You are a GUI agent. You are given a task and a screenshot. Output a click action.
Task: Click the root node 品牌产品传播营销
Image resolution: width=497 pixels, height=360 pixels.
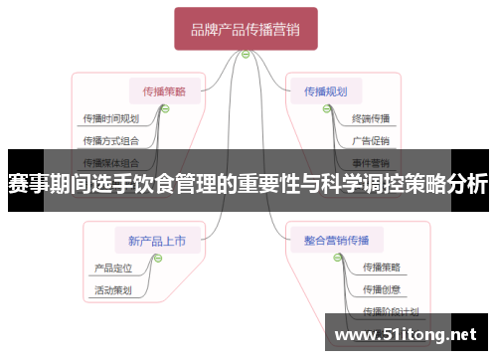[246, 30]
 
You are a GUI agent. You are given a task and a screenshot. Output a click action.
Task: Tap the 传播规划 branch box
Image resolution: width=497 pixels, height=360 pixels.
[326, 90]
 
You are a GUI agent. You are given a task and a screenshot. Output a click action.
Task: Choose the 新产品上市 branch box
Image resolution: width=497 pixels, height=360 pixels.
[157, 239]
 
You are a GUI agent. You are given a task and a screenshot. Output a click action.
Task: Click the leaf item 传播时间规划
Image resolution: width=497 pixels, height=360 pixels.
[111, 118]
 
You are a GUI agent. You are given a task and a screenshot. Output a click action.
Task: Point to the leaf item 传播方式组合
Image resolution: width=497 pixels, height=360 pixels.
[111, 140]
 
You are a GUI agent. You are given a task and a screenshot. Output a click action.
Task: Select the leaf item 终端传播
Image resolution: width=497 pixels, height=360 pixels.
[371, 118]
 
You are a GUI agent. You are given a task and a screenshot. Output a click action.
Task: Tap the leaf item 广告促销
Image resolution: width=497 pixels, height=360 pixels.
[371, 140]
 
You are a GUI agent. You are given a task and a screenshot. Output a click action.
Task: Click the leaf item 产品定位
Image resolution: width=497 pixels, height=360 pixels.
[112, 268]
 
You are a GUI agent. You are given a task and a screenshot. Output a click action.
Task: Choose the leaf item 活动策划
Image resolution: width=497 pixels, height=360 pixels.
[112, 290]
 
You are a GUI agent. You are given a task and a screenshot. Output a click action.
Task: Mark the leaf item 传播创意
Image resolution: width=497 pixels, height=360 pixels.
[381, 289]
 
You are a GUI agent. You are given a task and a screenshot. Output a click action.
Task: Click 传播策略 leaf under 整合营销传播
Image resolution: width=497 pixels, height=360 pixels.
[381, 267]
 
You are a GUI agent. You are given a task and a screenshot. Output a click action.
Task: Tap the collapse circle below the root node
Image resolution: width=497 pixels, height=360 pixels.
[246, 56]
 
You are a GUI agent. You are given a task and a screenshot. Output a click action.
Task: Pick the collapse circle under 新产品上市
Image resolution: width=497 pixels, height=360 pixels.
[157, 258]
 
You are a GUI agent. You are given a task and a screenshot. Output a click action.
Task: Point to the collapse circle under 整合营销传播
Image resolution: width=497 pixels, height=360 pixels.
[329, 258]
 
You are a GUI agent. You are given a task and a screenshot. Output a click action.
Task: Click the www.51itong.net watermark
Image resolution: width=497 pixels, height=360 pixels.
[410, 334]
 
